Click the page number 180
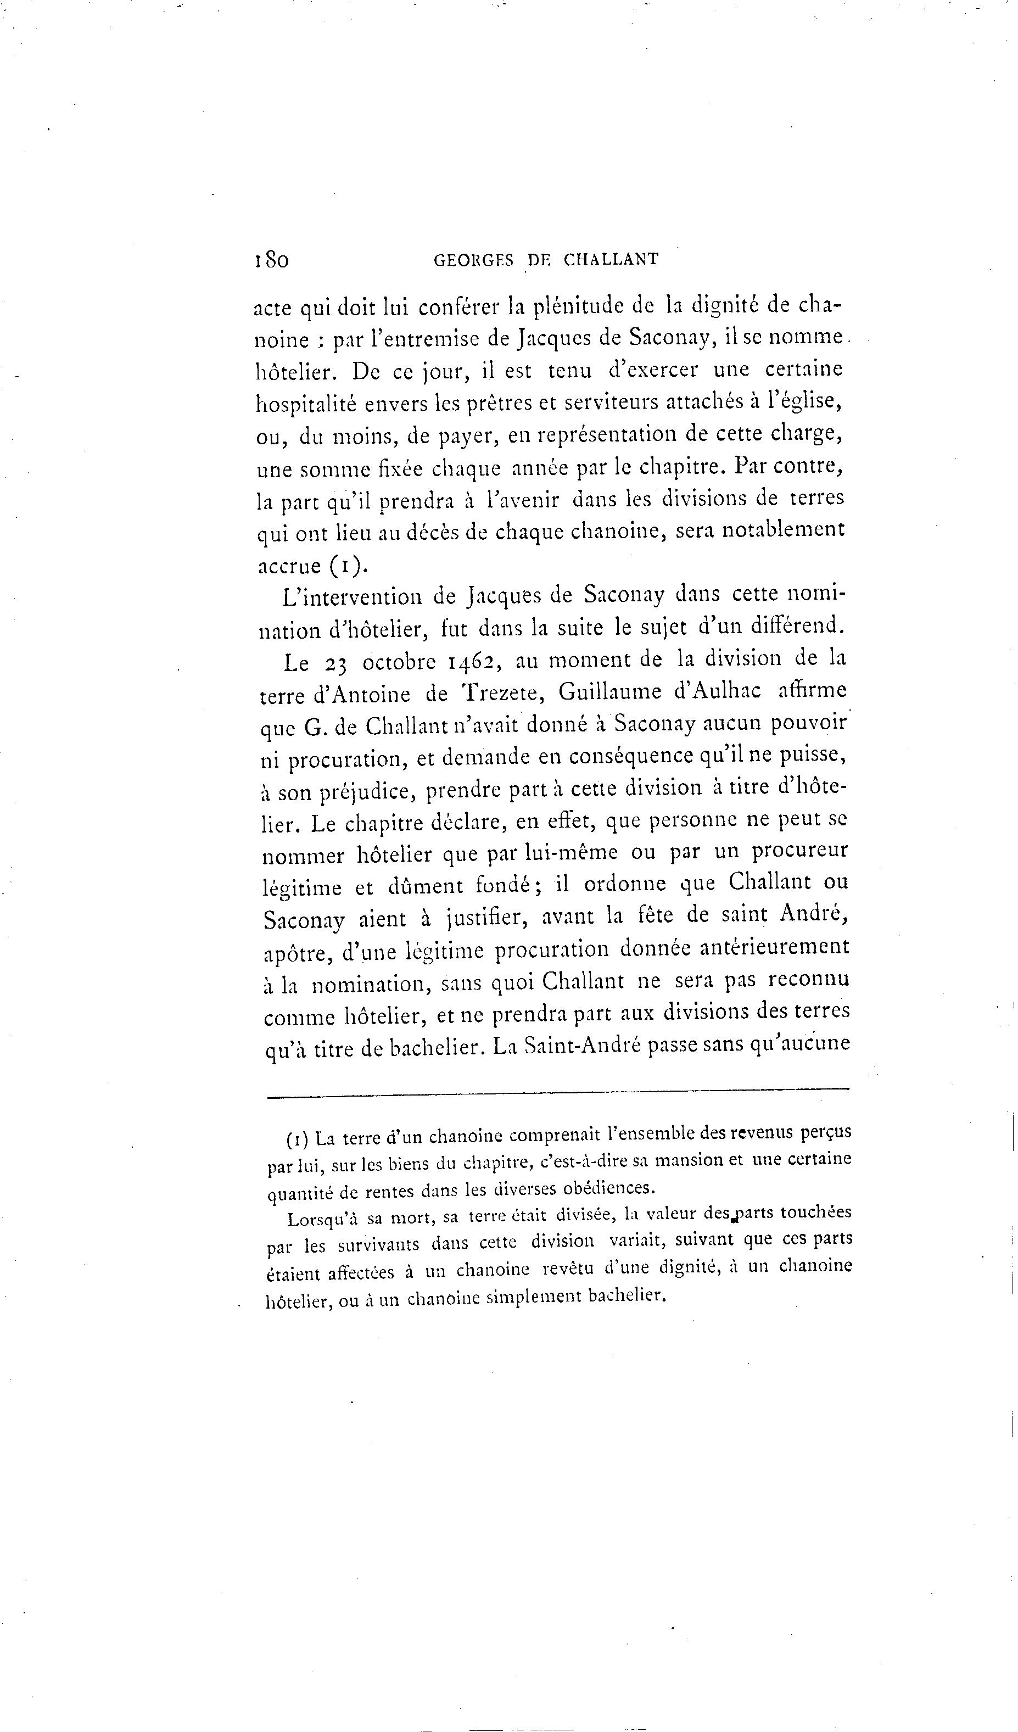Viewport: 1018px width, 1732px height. coord(271,260)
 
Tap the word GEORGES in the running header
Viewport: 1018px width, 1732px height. coord(474,260)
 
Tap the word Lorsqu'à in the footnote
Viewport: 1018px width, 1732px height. coord(322,1220)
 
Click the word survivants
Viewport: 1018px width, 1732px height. coord(378,1245)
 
